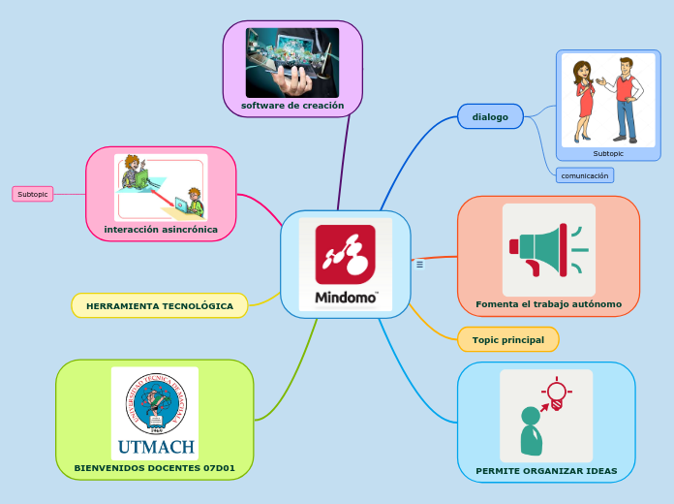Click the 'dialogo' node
[x=490, y=117]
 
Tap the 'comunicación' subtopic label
[x=585, y=175]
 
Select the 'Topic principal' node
[x=507, y=340]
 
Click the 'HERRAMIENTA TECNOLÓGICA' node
[x=160, y=306]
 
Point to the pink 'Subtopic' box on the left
[x=33, y=194]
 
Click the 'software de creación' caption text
[x=292, y=105]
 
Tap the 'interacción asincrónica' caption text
[x=161, y=230]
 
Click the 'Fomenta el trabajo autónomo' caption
[x=548, y=304]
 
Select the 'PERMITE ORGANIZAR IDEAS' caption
[x=546, y=471]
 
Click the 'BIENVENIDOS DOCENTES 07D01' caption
[x=155, y=468]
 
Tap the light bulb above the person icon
[x=556, y=392]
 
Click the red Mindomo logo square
[x=346, y=255]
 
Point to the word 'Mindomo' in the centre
[x=346, y=298]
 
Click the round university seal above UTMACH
[x=155, y=402]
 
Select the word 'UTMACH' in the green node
[x=155, y=448]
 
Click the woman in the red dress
[x=584, y=102]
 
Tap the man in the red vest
[x=624, y=97]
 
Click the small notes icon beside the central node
[x=419, y=264]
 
